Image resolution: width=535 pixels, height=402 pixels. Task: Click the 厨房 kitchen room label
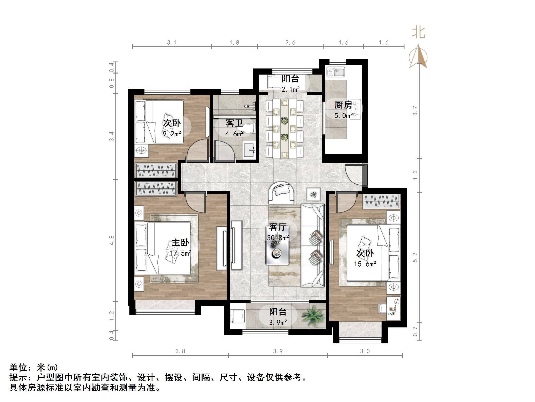point(343,105)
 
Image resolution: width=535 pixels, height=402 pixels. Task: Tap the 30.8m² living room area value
point(278,238)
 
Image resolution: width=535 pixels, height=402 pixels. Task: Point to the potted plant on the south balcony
point(313,316)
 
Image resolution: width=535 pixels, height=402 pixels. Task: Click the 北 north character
point(419,33)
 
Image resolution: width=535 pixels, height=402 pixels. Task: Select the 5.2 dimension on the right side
point(415,257)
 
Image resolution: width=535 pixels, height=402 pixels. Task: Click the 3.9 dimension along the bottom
point(278,351)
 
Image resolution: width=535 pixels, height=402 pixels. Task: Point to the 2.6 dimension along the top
point(290,43)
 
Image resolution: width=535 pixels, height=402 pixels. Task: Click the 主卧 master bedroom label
point(180,242)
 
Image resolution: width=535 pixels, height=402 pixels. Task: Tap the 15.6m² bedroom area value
point(365,264)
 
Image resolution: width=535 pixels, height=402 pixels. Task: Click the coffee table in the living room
point(278,245)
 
